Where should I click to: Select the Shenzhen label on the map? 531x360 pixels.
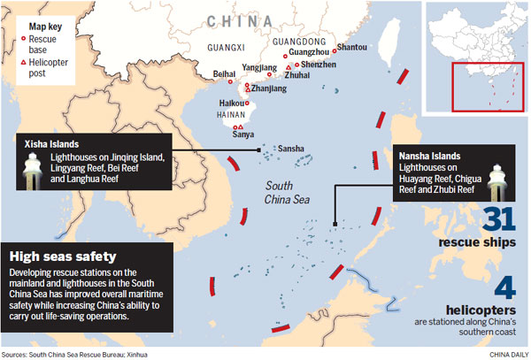click(319, 65)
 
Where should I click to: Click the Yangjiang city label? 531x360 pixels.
click(259, 67)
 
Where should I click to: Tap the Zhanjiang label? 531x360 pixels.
click(270, 89)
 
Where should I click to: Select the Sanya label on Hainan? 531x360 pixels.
click(242, 134)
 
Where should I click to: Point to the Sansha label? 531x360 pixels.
click(292, 149)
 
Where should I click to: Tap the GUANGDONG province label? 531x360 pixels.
click(297, 39)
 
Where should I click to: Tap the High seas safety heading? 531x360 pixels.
click(60, 256)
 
